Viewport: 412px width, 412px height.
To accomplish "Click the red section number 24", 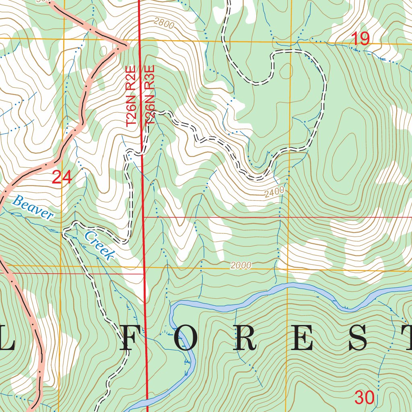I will click(x=62, y=177).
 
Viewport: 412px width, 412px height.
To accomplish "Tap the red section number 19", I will click(x=360, y=39).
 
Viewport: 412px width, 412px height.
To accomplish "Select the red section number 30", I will click(x=365, y=398).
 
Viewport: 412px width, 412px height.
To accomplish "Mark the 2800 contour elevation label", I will click(x=164, y=24).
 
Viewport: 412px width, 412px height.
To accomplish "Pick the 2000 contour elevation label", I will click(x=241, y=266).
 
